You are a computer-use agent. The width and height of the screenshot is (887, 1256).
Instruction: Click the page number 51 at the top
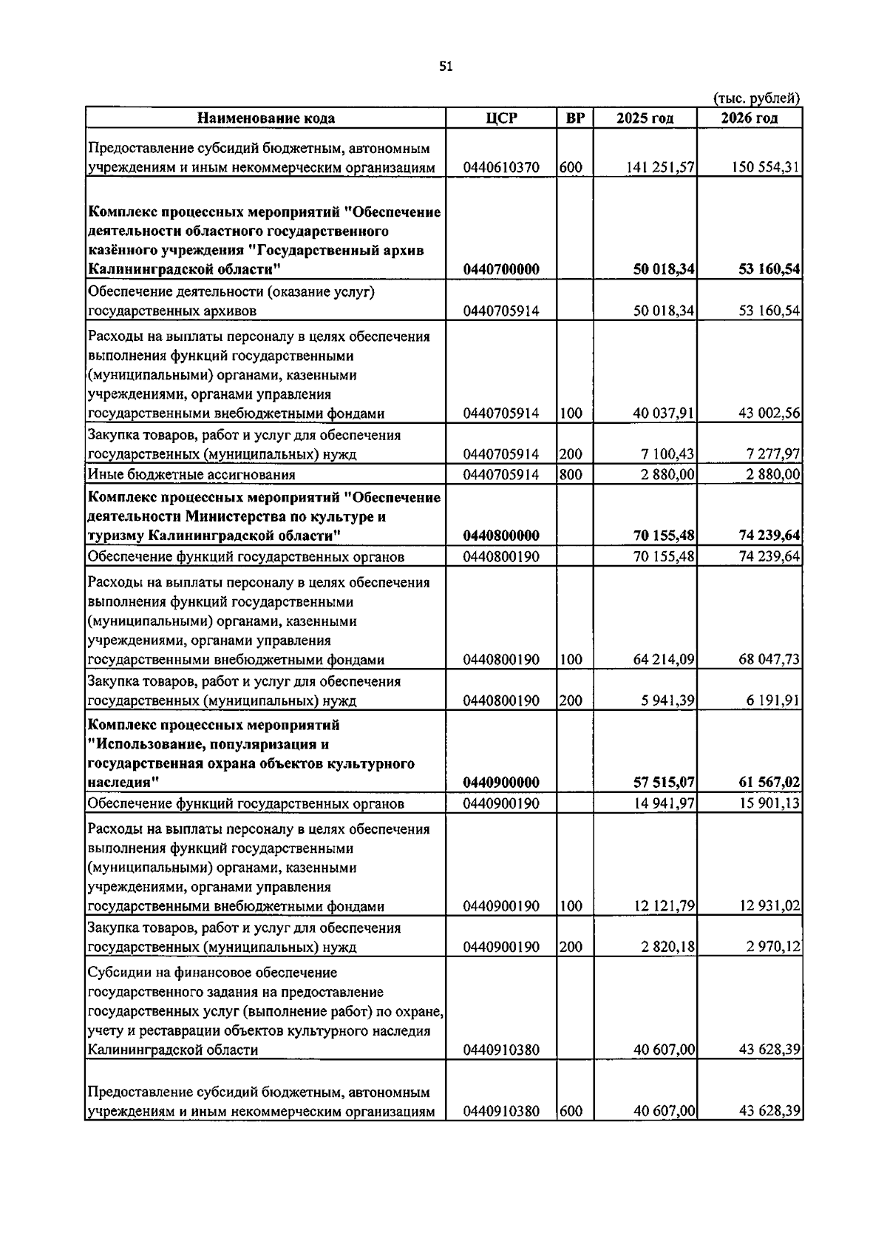(445, 67)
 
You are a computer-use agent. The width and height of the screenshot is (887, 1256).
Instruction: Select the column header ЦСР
(502, 118)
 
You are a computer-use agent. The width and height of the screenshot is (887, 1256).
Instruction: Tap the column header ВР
(574, 118)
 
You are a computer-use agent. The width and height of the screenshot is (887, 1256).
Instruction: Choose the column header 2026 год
(750, 118)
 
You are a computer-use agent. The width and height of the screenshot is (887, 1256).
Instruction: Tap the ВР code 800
(571, 475)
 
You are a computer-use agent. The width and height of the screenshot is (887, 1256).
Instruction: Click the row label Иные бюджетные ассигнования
(191, 475)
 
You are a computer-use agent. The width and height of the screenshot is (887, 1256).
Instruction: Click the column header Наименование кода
(265, 118)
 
